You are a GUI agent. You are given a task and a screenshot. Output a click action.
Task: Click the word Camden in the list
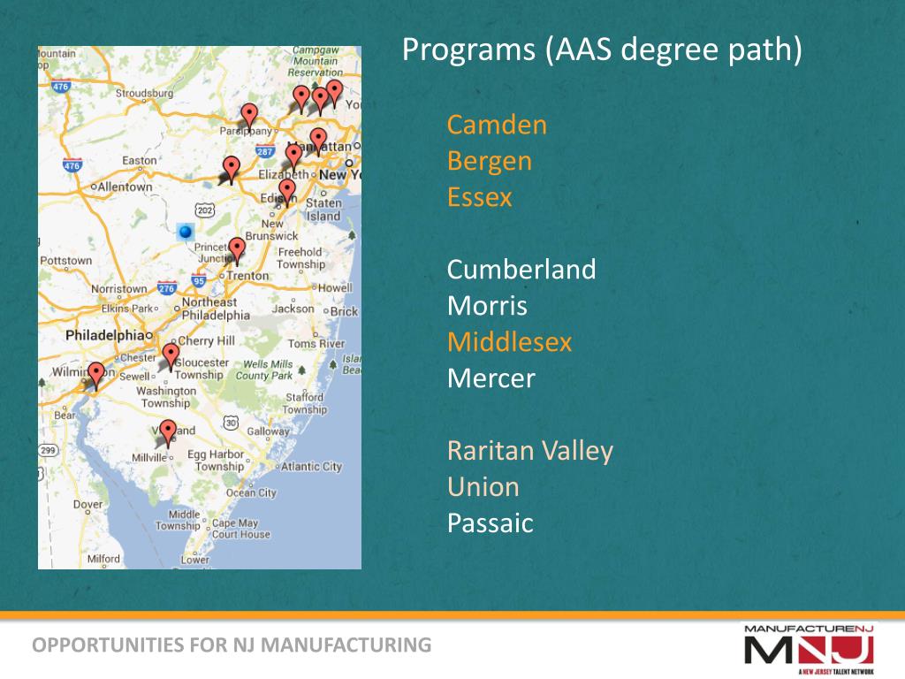pyautogui.click(x=497, y=125)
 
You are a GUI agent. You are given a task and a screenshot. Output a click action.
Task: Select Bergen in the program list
pyautogui.click(x=490, y=161)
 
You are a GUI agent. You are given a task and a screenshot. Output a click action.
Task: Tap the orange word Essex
pyautogui.click(x=479, y=196)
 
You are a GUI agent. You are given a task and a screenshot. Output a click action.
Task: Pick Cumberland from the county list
pyautogui.click(x=521, y=269)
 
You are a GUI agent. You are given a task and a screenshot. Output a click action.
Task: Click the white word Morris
pyautogui.click(x=487, y=306)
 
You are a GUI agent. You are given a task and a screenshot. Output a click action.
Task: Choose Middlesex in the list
pyautogui.click(x=509, y=342)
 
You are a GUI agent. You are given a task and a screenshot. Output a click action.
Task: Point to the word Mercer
pyautogui.click(x=491, y=378)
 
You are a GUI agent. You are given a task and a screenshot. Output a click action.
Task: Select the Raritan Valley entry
pyautogui.click(x=529, y=451)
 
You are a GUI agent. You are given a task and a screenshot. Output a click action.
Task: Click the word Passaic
pyautogui.click(x=490, y=523)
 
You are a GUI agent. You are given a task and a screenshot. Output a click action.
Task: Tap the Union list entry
pyautogui.click(x=483, y=487)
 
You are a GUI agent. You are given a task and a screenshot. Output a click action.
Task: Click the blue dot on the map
pyautogui.click(x=185, y=232)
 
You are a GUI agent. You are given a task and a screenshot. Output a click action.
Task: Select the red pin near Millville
pyautogui.click(x=168, y=431)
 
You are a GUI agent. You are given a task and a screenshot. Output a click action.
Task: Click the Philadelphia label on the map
pyautogui.click(x=103, y=336)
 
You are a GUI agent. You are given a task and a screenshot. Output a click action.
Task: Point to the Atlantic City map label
pyautogui.click(x=312, y=467)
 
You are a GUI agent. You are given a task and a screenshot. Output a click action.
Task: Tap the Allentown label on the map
pyautogui.click(x=125, y=187)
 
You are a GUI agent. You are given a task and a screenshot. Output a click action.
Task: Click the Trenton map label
pyautogui.click(x=248, y=276)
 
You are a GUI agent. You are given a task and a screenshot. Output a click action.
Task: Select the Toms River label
pyautogui.click(x=316, y=344)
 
